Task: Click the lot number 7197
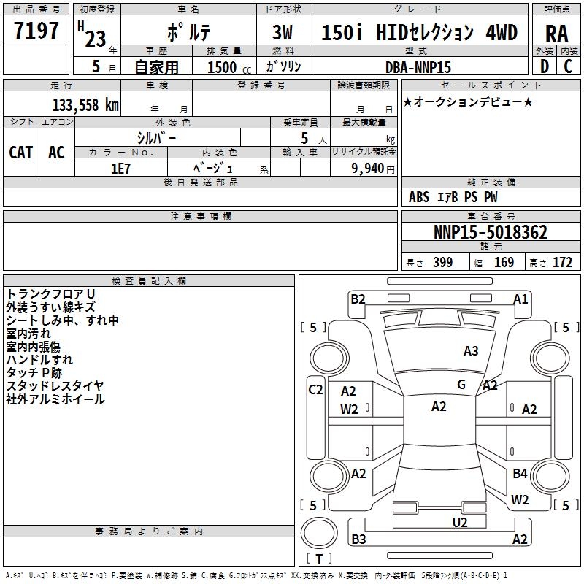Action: (36, 31)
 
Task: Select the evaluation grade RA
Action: (556, 33)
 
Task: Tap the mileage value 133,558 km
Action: (85, 104)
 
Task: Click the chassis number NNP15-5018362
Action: (491, 232)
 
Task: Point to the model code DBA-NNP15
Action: (418, 67)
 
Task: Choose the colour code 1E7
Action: (121, 168)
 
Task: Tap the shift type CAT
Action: (20, 153)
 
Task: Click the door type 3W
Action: (283, 33)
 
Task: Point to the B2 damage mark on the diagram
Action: (358, 299)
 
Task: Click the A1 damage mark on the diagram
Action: (520, 299)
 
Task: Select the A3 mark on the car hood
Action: (471, 351)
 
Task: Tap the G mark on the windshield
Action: (461, 385)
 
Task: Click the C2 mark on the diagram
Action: (315, 390)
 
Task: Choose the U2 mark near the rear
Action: (460, 522)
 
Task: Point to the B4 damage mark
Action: (520, 474)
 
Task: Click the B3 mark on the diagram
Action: (358, 539)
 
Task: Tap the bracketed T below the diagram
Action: (319, 559)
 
